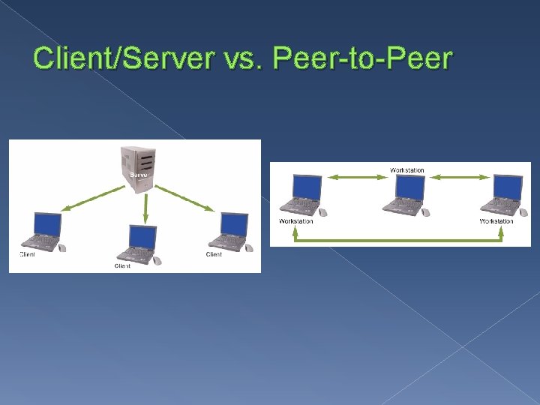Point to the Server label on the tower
coord(138,175)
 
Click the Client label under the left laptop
coord(28,254)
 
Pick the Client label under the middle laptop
coord(122,265)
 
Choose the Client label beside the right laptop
coord(214,254)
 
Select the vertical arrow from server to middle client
coord(145,208)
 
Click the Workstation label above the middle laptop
coord(407,170)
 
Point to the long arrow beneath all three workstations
coord(398,240)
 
